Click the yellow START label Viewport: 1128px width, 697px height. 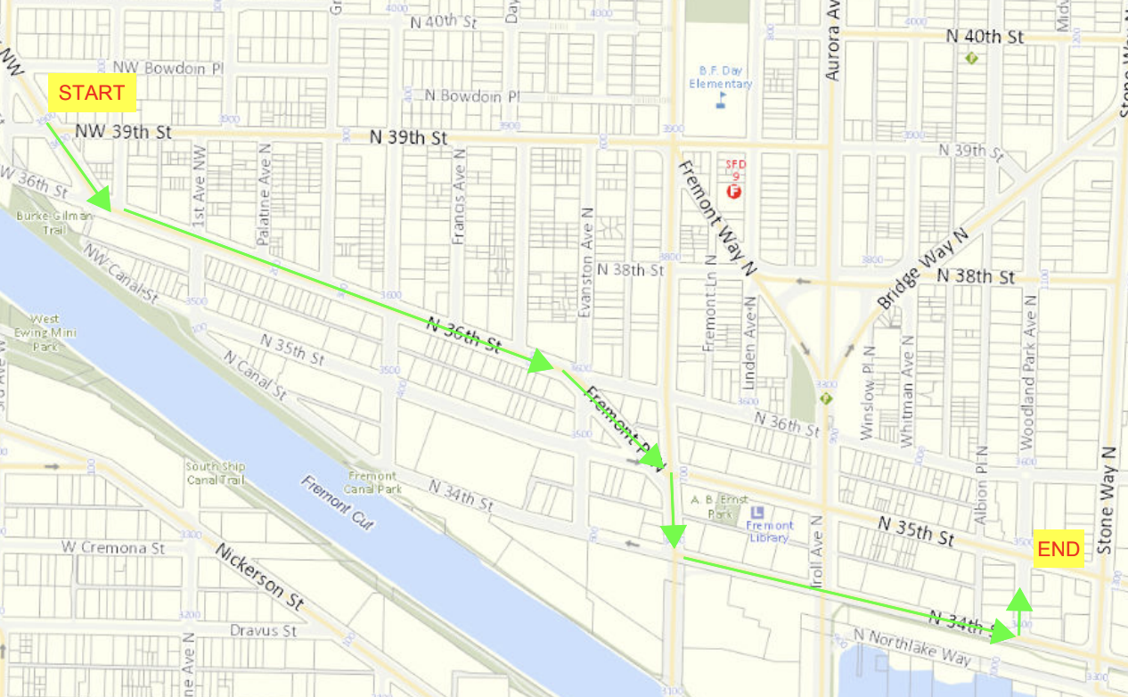pos(92,93)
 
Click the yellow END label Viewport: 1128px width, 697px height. pos(1059,549)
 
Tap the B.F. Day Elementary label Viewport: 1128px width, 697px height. pos(721,78)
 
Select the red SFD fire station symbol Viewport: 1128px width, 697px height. pos(735,191)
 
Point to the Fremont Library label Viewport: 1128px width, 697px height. pos(769,531)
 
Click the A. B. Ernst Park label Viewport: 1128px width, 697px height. pos(720,506)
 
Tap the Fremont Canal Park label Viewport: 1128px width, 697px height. pos(374,482)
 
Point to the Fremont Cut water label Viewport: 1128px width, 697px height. pos(338,504)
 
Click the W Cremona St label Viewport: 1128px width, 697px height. pos(113,547)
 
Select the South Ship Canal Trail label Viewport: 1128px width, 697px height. pos(215,472)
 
